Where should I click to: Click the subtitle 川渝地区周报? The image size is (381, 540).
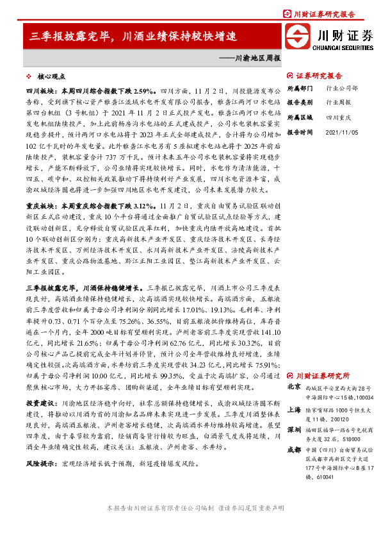coord(255,58)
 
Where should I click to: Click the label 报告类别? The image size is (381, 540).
coord(299,102)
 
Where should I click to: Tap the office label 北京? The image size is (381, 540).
coord(294,387)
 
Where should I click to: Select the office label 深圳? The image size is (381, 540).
coord(294,428)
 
